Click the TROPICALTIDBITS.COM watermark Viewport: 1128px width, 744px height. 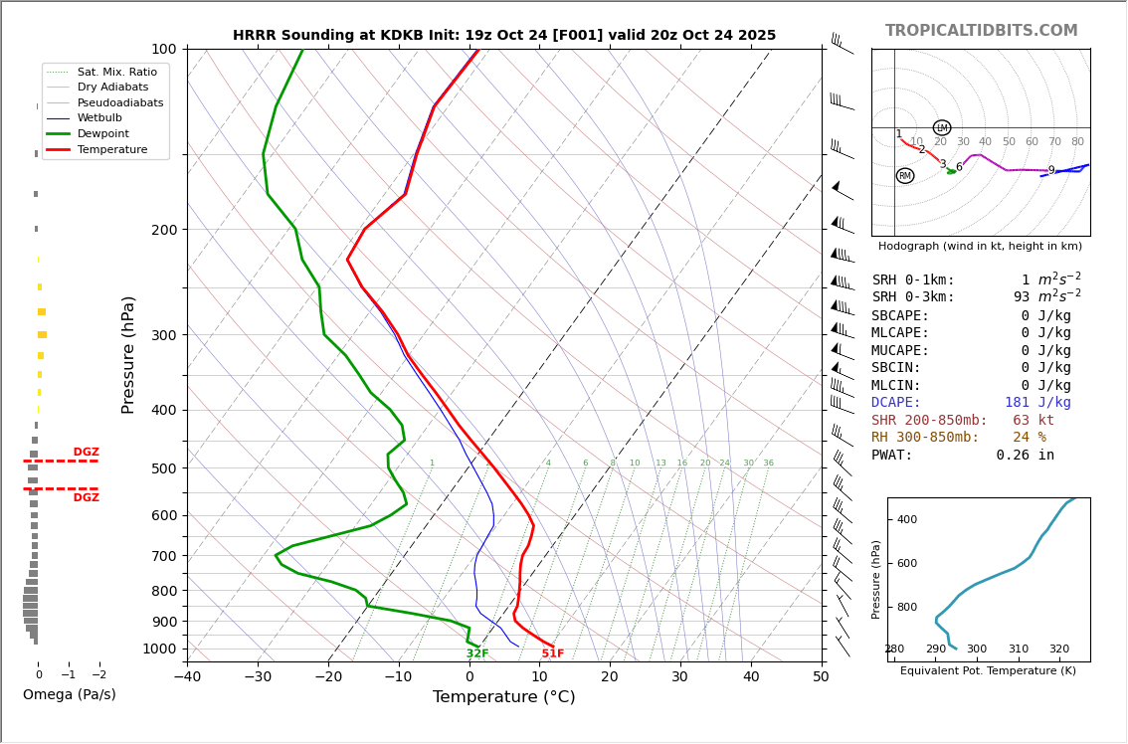(981, 31)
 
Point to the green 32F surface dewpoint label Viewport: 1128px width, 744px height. (477, 653)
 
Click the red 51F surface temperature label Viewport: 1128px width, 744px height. (553, 653)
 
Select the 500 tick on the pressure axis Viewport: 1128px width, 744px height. (163, 468)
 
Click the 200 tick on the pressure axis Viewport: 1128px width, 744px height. (163, 230)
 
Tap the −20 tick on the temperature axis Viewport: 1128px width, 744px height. (328, 677)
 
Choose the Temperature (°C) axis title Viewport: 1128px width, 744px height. (503, 697)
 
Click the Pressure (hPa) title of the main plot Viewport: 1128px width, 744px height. (128, 354)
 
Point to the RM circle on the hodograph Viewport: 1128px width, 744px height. (904, 176)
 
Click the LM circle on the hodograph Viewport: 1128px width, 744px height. (942, 127)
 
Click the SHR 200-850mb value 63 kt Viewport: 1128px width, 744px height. (1034, 421)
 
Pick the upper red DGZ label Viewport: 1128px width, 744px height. (86, 453)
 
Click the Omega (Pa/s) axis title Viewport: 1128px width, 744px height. (69, 694)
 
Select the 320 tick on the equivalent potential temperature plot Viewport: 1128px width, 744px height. (1059, 650)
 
